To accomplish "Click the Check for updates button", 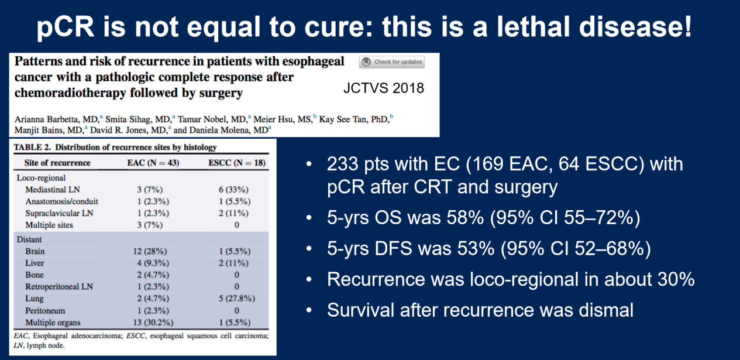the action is pos(392,62).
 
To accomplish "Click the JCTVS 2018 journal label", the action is pos(384,88).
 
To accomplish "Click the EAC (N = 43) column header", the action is pos(153,163).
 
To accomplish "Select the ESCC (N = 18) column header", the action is pos(237,163).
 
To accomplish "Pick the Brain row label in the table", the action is pos(35,251).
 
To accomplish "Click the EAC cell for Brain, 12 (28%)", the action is pos(150,251).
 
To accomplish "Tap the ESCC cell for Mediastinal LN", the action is pos(233,190).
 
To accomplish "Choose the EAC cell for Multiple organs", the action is pos(153,323).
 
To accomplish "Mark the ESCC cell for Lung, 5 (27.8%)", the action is pos(237,299).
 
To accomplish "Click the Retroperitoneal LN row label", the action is pos(59,287).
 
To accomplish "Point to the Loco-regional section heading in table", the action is pos(42,178).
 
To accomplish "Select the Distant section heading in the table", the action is pos(29,239).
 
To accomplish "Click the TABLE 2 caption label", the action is pos(32,147).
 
